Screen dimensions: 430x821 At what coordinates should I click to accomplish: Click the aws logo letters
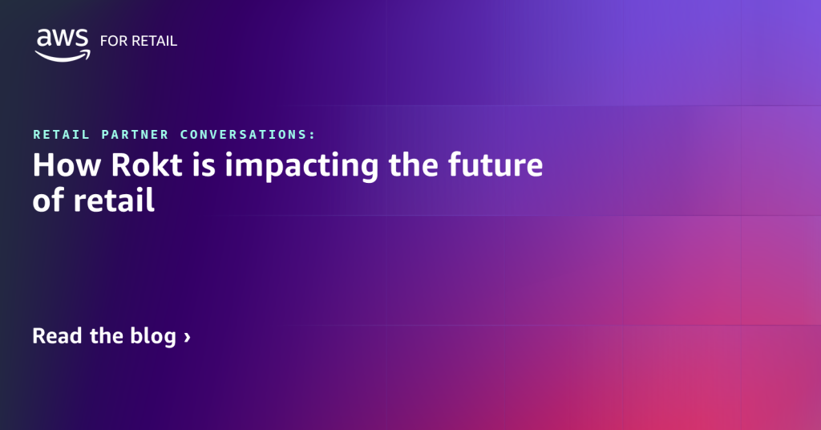coord(61,39)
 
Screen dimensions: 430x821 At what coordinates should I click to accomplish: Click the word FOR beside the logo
coord(113,41)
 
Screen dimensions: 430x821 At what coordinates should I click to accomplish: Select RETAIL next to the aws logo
coord(155,41)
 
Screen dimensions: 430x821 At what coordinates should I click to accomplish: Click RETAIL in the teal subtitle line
coord(61,134)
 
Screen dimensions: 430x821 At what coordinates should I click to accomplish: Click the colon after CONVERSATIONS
coord(313,135)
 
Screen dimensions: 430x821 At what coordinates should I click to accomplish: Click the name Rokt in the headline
coord(131,167)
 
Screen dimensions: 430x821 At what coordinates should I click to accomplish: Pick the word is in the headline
coord(188,167)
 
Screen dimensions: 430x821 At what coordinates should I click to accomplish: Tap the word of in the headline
coord(47,201)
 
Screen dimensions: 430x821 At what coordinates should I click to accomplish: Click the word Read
coord(58,335)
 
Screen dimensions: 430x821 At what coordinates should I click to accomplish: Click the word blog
coord(152,336)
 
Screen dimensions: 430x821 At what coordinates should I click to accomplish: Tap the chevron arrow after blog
coord(188,337)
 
